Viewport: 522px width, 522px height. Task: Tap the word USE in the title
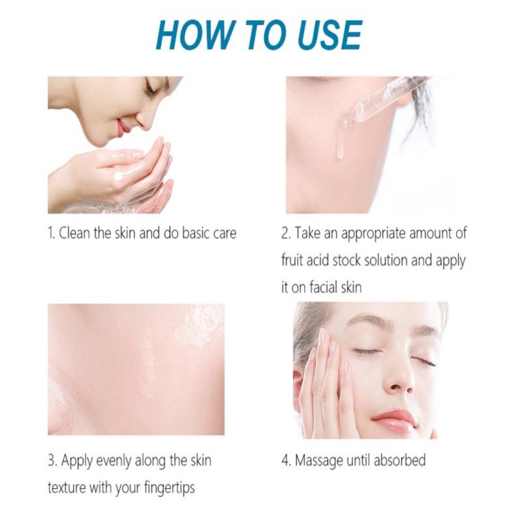click(330, 35)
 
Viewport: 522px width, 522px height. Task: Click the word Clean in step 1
click(74, 233)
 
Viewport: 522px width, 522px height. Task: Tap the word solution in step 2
click(386, 260)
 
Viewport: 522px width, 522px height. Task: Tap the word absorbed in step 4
click(399, 460)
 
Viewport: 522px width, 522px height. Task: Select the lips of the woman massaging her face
click(394, 420)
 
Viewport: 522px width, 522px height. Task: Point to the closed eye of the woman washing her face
click(150, 87)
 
